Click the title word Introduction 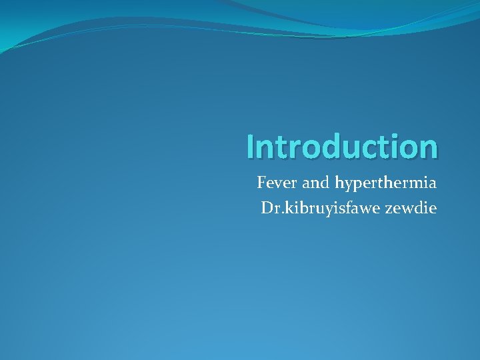341,147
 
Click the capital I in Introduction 249,147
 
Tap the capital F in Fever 261,182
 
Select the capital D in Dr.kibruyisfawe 267,209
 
